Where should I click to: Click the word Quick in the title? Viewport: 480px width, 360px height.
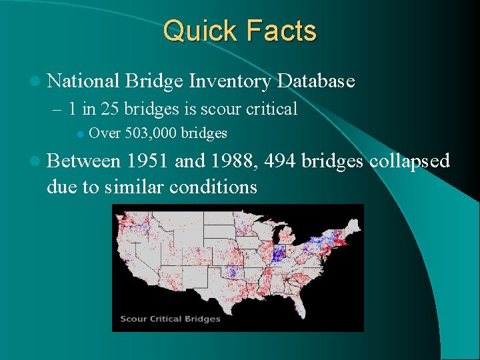click(x=199, y=31)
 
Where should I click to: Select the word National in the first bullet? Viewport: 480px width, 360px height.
click(x=83, y=81)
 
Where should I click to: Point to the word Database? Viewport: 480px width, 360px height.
click(x=316, y=81)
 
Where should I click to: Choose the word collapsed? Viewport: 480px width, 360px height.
click(x=409, y=161)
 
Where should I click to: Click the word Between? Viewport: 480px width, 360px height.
click(x=84, y=161)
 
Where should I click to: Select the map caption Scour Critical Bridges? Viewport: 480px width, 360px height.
click(x=170, y=319)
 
